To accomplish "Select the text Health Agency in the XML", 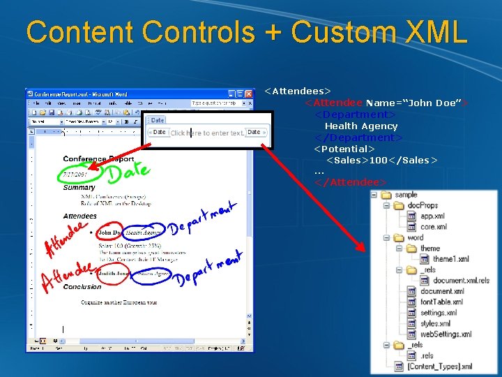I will click(360, 126).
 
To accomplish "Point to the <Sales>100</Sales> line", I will click(381, 160).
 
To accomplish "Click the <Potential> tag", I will click(344, 149).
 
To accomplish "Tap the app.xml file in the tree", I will click(432, 216).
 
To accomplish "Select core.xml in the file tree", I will click(433, 227).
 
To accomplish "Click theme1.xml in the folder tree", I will click(450, 259).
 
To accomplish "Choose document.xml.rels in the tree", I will click(461, 281).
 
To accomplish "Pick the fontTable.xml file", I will click(441, 302).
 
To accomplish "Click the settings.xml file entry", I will click(439, 313).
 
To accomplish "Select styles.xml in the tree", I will click(435, 323).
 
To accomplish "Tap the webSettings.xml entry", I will click(446, 334).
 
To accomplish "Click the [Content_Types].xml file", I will click(439, 367).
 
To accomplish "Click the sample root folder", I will click(405, 195).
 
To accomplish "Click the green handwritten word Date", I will click(128, 171).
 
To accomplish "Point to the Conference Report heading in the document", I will click(94, 159).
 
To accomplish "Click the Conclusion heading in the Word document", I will click(82, 286).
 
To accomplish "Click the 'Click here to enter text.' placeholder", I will click(208, 133).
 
